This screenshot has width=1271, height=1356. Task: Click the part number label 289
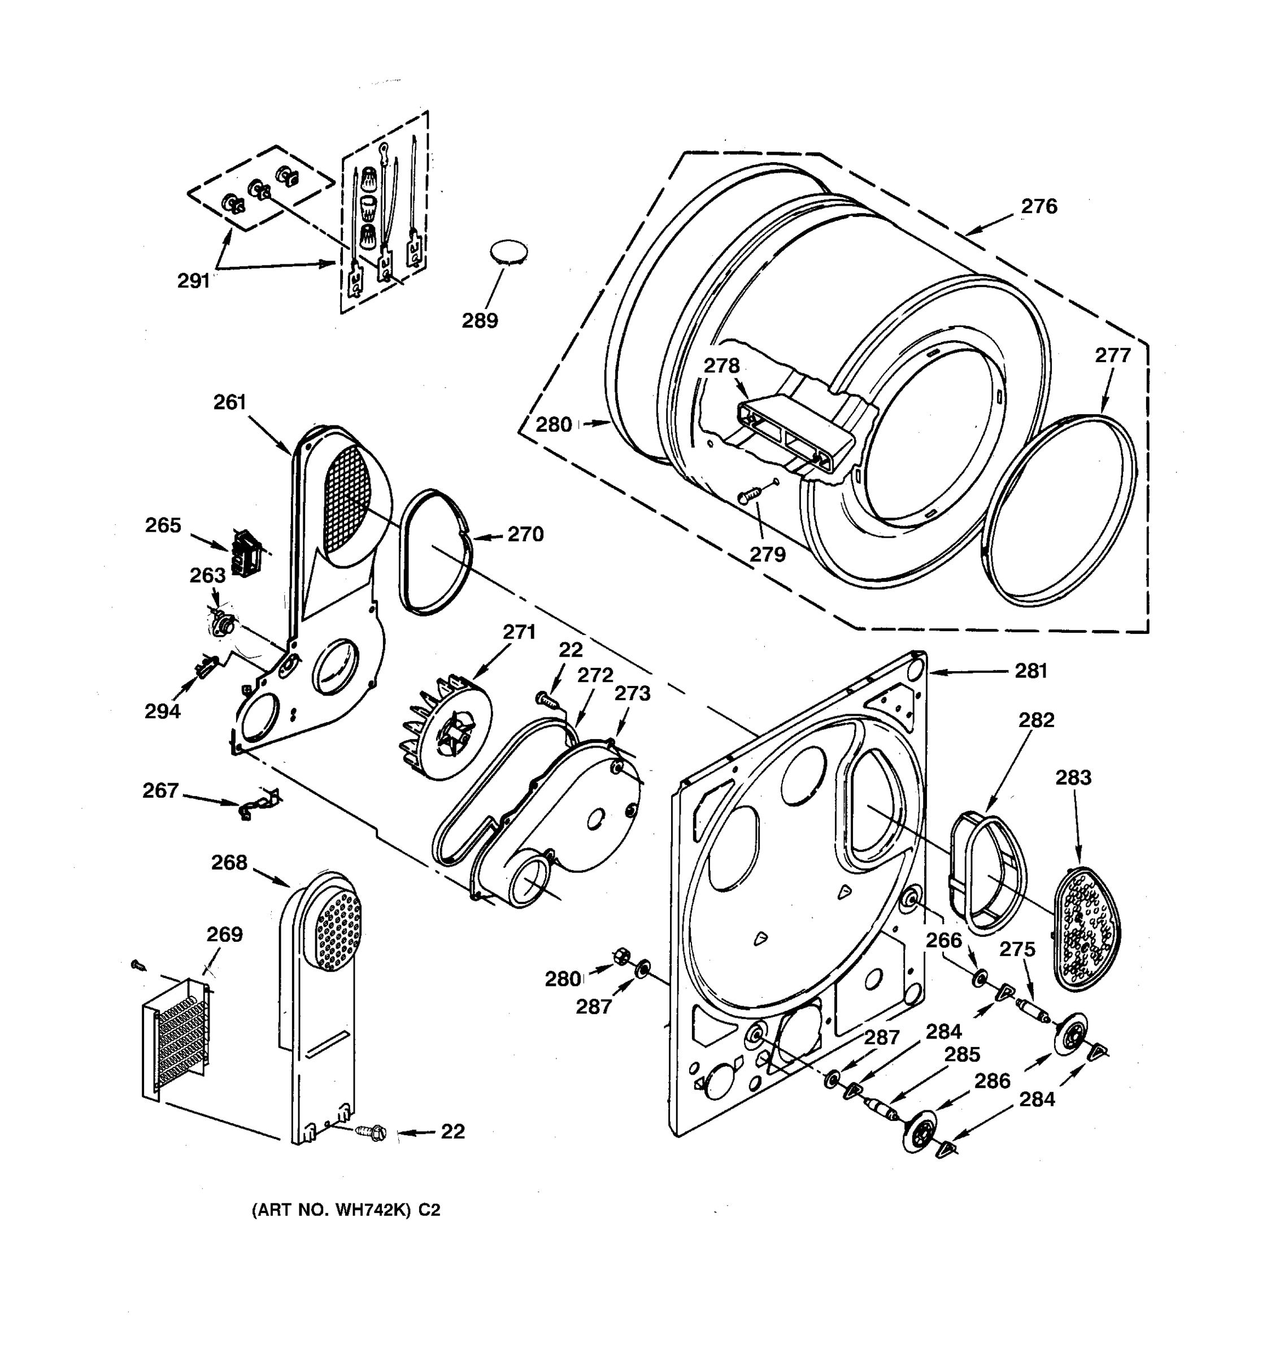tap(480, 320)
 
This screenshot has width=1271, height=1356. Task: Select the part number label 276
tap(1038, 206)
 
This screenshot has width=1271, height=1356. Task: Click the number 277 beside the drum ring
tap(1113, 355)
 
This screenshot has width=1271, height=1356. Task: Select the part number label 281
tap(1030, 671)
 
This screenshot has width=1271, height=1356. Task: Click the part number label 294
tap(162, 711)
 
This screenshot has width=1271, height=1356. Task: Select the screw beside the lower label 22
tap(372, 1133)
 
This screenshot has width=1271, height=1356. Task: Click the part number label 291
tap(193, 280)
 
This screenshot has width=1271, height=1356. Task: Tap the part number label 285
tap(962, 1054)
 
